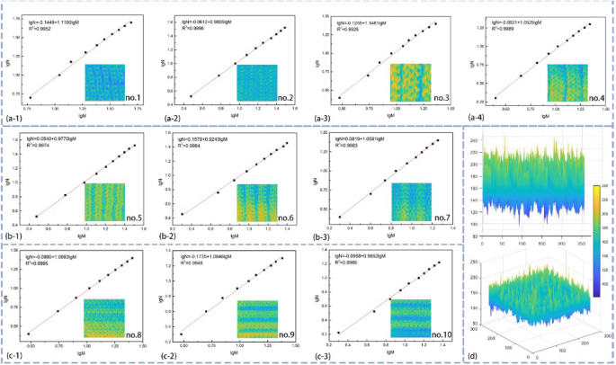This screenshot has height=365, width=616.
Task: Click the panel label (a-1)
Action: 14,116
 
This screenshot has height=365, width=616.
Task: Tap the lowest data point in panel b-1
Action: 37,216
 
